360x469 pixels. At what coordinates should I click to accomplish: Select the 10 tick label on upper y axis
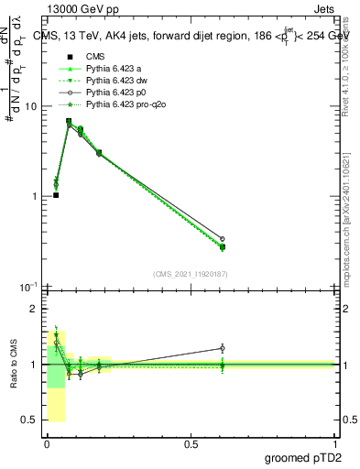(x=30, y=106)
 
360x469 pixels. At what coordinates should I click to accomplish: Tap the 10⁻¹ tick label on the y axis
(x=27, y=287)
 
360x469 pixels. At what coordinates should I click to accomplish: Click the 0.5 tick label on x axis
(x=191, y=443)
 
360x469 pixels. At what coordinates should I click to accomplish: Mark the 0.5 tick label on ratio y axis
(x=30, y=420)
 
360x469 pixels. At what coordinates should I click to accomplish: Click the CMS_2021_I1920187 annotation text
(x=190, y=274)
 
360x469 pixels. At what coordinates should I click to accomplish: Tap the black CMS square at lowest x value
(x=56, y=195)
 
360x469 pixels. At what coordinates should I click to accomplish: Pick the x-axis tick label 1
(x=335, y=443)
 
